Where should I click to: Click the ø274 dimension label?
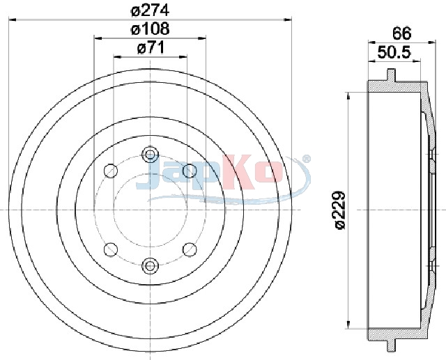click(x=151, y=11)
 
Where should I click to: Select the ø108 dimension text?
click(x=151, y=29)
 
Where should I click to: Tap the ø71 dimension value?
click(x=151, y=48)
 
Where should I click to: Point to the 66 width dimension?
click(x=402, y=33)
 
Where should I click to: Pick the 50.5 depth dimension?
click(x=394, y=52)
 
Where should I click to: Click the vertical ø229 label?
click(x=340, y=210)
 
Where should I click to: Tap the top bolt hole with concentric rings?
click(x=150, y=155)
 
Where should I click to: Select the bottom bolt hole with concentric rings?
click(x=150, y=265)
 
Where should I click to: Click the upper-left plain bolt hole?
click(x=111, y=171)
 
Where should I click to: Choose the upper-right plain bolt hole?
click(x=190, y=171)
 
